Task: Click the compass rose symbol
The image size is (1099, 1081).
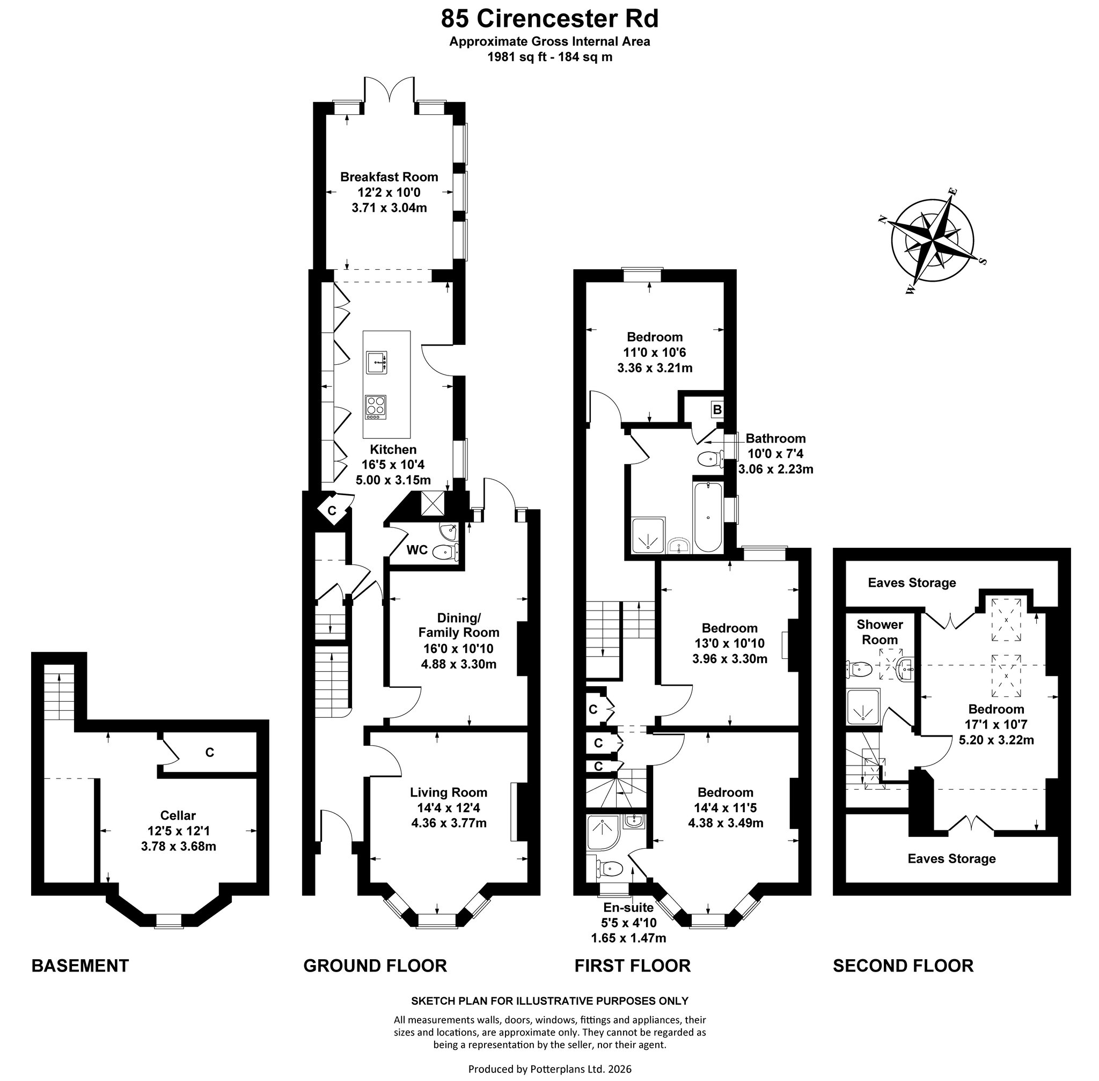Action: click(x=933, y=241)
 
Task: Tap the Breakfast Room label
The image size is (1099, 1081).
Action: click(x=389, y=177)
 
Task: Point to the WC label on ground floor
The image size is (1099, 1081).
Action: click(x=417, y=549)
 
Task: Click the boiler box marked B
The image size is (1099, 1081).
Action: click(x=717, y=409)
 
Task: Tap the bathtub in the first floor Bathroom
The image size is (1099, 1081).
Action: click(x=708, y=517)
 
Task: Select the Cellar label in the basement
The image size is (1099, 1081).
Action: click(x=178, y=815)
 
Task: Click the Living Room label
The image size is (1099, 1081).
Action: click(x=449, y=792)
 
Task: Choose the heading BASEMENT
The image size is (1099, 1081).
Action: click(x=80, y=965)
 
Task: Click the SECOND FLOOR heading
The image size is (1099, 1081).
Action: click(x=903, y=965)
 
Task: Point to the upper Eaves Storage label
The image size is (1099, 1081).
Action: click(x=912, y=583)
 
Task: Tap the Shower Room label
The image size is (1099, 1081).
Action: click(x=880, y=632)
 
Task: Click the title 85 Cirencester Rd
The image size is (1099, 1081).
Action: click(x=550, y=18)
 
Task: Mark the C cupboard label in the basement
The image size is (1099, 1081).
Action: click(x=210, y=752)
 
